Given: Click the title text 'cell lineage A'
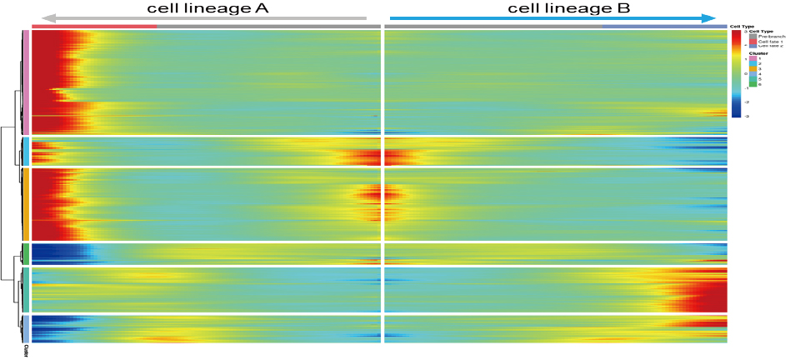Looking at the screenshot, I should (x=209, y=8).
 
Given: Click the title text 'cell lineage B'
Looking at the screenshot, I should (x=570, y=8).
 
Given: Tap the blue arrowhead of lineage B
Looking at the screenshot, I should (x=709, y=17).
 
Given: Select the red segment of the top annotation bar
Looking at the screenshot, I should (x=93, y=27).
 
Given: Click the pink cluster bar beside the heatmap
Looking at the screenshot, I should (x=26, y=82).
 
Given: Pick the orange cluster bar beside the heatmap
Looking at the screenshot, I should (x=26, y=203).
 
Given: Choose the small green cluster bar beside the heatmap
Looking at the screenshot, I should (x=26, y=252).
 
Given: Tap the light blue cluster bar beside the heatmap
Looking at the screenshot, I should (x=26, y=151).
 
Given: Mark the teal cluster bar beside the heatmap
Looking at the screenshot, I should (x=26, y=288).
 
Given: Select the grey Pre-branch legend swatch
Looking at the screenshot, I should (x=752, y=37).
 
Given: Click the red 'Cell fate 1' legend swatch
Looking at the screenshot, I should (x=752, y=42).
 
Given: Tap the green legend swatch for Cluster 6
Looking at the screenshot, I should (x=752, y=84).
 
